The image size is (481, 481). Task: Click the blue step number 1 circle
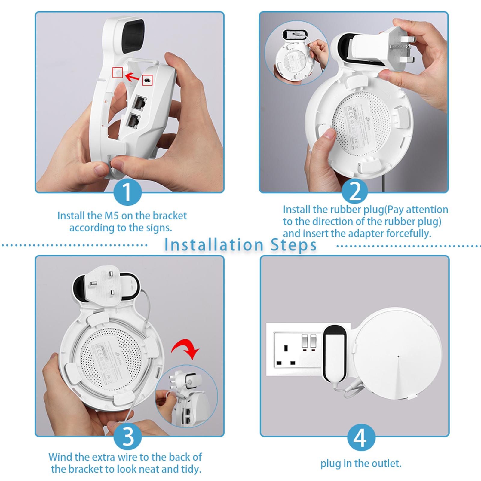pos(128,191)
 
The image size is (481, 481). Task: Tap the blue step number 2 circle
pos(355,191)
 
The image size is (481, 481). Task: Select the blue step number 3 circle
pos(128,437)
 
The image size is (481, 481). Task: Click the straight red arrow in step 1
pos(132,77)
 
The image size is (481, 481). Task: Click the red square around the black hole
pos(147,80)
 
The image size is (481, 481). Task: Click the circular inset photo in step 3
pos(186,396)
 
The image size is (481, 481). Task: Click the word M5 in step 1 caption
pos(112,216)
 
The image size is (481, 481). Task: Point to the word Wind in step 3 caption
pos(60,457)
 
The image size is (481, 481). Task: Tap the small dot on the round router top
pos(398,357)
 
